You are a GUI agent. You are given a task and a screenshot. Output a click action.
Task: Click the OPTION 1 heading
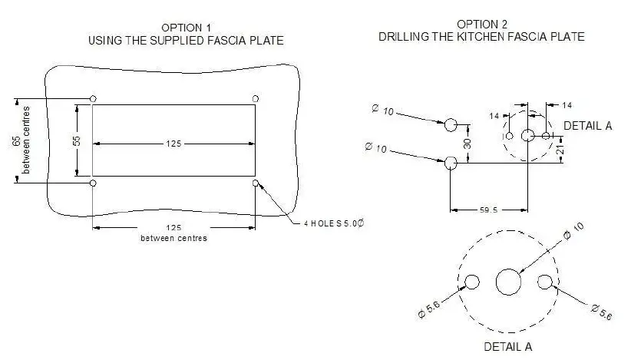tap(187, 27)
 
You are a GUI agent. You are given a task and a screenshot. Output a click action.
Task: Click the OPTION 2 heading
tap(481, 24)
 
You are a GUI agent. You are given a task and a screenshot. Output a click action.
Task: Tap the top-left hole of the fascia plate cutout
tap(93, 98)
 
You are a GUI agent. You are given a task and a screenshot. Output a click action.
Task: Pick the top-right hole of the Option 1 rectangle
tap(256, 98)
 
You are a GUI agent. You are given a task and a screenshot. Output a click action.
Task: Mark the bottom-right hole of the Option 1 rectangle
tap(256, 183)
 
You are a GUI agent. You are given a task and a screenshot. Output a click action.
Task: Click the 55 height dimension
tap(77, 141)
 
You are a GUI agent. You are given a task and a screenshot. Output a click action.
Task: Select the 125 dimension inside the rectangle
tap(173, 143)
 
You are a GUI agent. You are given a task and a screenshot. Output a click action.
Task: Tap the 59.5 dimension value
tap(487, 208)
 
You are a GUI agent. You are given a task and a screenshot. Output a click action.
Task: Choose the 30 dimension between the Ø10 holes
tap(467, 143)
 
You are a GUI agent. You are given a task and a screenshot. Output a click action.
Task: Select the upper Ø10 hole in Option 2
tap(451, 124)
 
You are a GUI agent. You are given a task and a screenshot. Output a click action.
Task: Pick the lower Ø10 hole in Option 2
tap(451, 162)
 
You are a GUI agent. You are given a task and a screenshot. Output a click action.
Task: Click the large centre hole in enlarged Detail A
tap(508, 282)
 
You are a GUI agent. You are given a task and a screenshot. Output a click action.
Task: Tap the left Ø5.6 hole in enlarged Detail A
tap(472, 282)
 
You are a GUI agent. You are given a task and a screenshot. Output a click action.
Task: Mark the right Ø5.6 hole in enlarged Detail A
tap(545, 282)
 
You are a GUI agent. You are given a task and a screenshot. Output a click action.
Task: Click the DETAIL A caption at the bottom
tap(507, 346)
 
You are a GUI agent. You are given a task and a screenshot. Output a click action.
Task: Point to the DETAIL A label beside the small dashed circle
tap(587, 125)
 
